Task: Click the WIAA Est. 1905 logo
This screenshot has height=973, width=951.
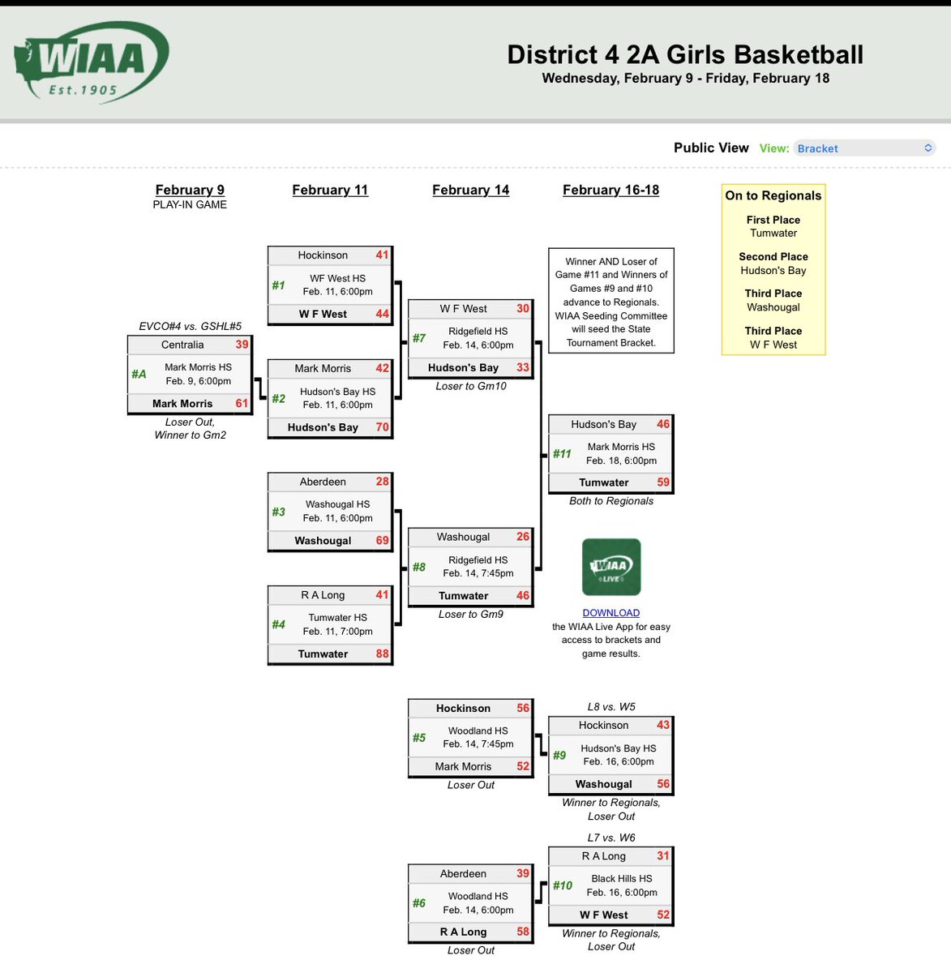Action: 91,62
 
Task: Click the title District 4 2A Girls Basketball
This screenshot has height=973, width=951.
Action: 685,54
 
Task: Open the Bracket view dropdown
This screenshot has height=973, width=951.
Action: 864,148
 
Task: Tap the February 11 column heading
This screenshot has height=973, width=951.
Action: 330,190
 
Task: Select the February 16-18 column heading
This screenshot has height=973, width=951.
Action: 610,190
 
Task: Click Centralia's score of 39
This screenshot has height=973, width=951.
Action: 242,345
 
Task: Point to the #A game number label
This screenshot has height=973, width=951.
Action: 139,374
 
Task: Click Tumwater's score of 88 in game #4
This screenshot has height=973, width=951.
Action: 382,654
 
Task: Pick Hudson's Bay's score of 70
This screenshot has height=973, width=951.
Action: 382,427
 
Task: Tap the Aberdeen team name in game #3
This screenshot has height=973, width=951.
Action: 323,482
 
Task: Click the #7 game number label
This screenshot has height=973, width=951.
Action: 418,338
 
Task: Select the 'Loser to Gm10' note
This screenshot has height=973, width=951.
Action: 470,386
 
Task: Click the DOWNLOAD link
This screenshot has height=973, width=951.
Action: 610,613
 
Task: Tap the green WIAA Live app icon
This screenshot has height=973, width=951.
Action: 611,567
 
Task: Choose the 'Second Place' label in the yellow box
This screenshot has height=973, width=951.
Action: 773,256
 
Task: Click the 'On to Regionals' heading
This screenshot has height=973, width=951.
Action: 773,195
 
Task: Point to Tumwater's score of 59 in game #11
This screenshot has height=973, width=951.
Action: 663,482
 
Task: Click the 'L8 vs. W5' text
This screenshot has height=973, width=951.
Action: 610,707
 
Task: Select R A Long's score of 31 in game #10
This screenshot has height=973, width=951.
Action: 663,856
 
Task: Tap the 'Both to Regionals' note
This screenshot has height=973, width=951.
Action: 610,501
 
